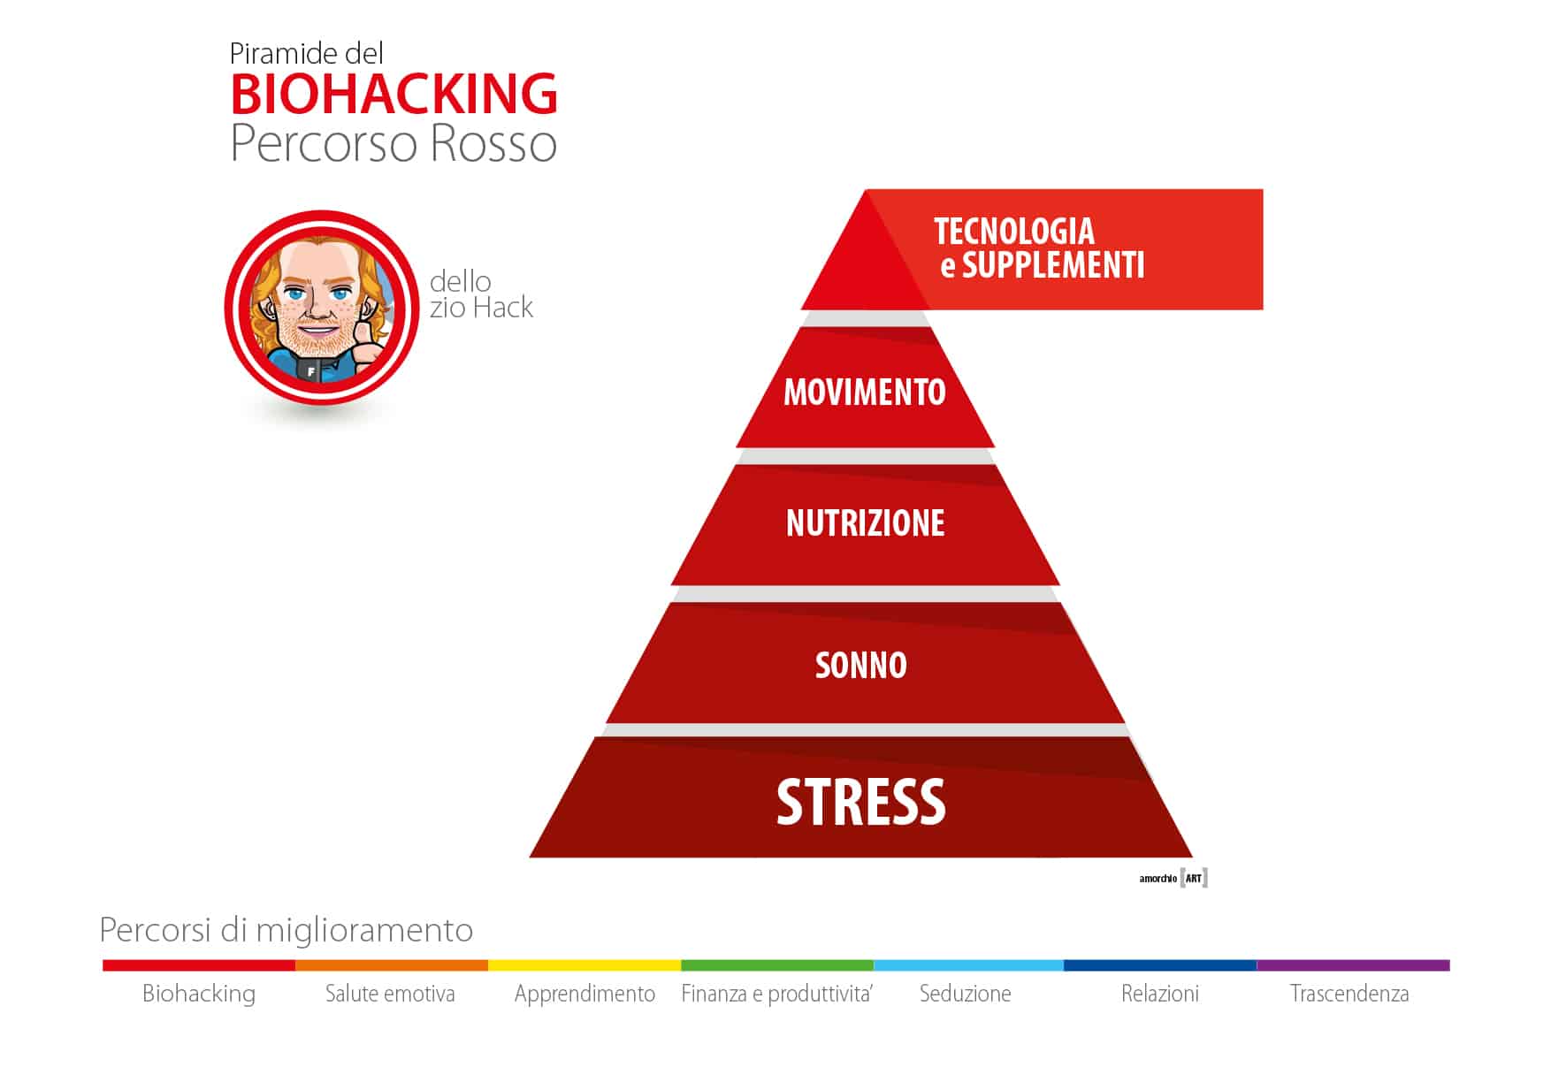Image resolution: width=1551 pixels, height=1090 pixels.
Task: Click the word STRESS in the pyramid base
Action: (x=860, y=802)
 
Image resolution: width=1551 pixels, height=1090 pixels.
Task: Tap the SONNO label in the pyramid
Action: (x=860, y=666)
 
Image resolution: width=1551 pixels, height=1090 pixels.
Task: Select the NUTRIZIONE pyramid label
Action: (x=865, y=523)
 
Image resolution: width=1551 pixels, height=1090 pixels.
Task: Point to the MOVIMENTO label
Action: (x=865, y=393)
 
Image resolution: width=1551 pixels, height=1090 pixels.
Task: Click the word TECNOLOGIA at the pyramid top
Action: (x=1014, y=232)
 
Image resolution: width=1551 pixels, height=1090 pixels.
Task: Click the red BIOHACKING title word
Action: (x=394, y=95)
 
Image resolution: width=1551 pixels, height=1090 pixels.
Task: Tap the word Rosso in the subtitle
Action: (x=494, y=144)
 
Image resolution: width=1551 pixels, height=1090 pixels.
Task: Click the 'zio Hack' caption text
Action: (x=481, y=308)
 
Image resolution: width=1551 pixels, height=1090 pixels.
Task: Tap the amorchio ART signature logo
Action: (x=1173, y=878)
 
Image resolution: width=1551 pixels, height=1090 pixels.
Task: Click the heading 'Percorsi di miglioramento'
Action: (x=286, y=930)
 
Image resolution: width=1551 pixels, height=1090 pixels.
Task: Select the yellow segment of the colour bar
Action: (x=584, y=965)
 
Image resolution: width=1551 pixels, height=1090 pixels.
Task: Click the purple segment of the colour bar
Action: (x=1353, y=965)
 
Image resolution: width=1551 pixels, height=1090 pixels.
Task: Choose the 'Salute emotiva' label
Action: (x=390, y=994)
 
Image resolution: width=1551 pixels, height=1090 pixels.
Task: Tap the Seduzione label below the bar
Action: (x=965, y=994)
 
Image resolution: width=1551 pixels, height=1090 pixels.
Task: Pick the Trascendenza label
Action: (x=1349, y=994)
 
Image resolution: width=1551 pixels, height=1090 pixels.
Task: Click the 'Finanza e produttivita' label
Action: (x=776, y=994)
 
